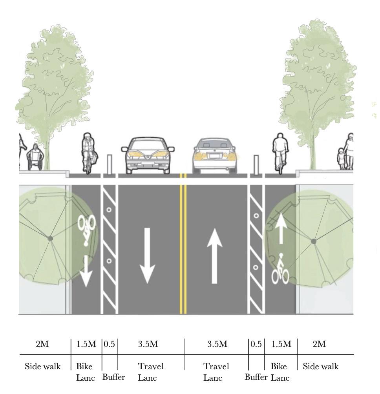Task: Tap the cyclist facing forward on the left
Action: click(x=89, y=153)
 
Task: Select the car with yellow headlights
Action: click(x=148, y=155)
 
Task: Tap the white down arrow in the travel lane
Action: click(x=148, y=255)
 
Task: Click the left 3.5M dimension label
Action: click(x=148, y=344)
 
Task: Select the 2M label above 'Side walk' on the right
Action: click(x=319, y=344)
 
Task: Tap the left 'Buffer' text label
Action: click(x=113, y=378)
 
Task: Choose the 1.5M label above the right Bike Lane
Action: click(x=281, y=344)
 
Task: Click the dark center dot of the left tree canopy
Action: click(x=50, y=238)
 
